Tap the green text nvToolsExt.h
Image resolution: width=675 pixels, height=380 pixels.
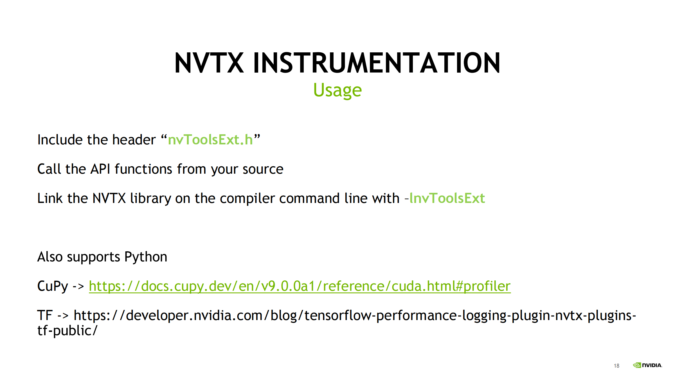(210, 140)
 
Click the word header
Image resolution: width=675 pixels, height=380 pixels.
(134, 140)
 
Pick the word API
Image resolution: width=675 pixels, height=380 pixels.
(100, 169)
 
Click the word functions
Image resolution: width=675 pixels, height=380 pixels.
(143, 169)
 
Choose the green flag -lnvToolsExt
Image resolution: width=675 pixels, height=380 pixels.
(445, 198)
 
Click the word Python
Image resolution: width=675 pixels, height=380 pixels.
(146, 257)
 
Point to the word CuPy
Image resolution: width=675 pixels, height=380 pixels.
(53, 286)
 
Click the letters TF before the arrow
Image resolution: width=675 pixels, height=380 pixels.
(45, 315)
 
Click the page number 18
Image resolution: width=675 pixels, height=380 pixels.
(616, 366)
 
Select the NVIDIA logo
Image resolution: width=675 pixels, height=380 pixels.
(647, 365)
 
